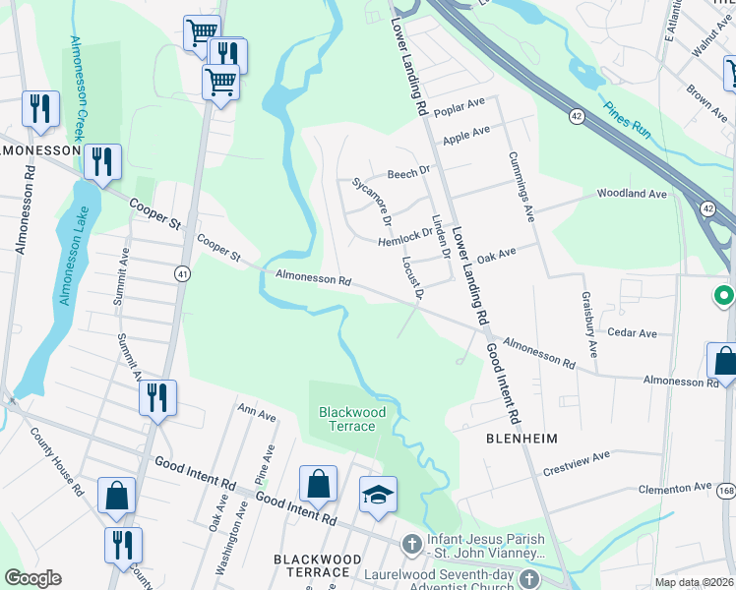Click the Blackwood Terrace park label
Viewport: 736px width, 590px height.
coord(351,419)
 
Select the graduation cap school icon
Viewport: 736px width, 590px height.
coord(378,496)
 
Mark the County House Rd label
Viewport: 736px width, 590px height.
coord(56,461)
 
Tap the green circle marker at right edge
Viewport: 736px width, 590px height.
coord(723,294)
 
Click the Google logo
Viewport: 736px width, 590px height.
coord(32,578)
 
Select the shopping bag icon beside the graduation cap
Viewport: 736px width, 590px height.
coord(318,484)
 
